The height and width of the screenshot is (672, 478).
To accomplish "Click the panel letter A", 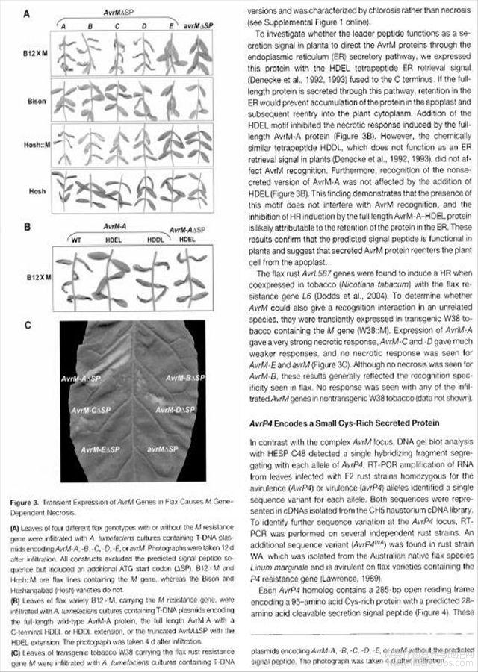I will pos(26,13).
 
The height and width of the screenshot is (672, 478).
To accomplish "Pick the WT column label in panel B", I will pos(75,240).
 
